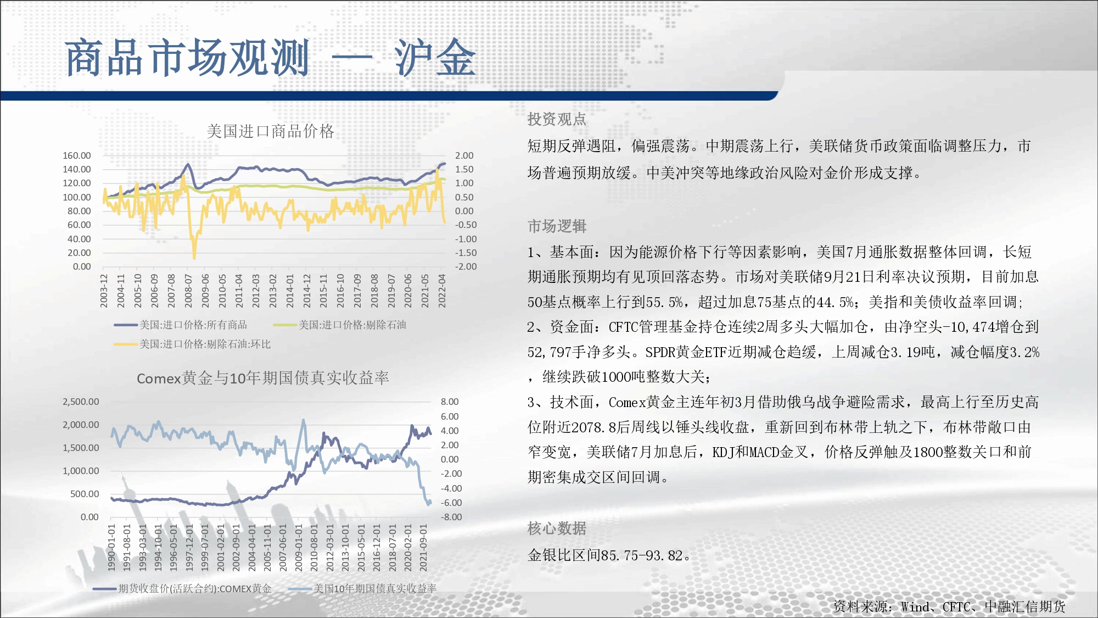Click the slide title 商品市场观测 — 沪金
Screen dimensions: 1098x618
270,58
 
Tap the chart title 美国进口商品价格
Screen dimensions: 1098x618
270,131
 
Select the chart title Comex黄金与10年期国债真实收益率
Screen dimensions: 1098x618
263,378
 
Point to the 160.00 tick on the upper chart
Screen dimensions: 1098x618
77,155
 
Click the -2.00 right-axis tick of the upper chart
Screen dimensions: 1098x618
464,266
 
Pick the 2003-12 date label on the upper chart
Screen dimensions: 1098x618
104,291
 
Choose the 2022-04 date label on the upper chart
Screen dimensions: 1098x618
442,291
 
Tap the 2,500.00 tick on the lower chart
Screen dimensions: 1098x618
81,402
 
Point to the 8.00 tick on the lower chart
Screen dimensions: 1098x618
450,402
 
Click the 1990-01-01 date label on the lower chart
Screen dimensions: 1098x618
111,547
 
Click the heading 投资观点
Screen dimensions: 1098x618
557,119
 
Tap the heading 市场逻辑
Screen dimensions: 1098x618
557,226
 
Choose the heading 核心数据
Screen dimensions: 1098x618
557,528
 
